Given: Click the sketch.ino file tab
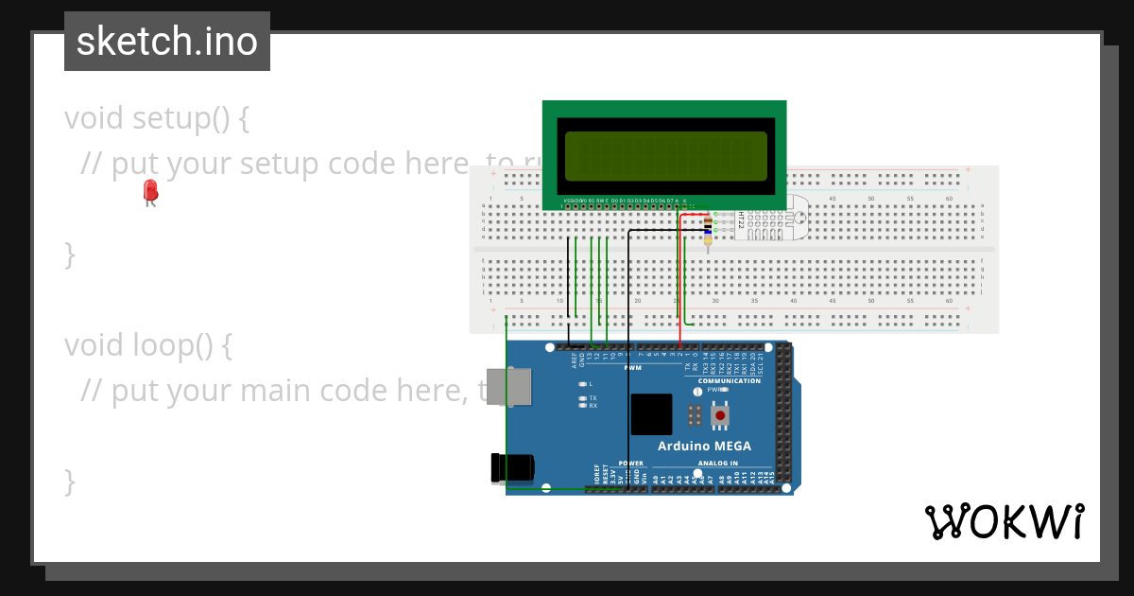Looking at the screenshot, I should tap(167, 42).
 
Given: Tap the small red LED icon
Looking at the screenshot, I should tap(150, 192).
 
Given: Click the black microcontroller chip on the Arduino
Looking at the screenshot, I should tap(651, 414).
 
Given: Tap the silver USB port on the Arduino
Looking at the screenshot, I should tap(507, 387).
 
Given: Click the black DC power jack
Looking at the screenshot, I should tap(511, 467).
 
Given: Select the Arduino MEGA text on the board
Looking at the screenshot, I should tap(704, 446).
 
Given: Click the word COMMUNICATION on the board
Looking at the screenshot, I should tap(730, 381).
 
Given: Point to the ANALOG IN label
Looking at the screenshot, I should tap(717, 464).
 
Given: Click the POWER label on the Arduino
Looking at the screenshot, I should tap(630, 464).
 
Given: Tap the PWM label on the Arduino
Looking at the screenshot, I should tap(632, 367).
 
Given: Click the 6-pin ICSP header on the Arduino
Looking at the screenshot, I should tap(695, 414).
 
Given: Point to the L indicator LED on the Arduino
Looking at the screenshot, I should tap(583, 384).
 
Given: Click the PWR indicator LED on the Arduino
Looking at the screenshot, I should tap(698, 390).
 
